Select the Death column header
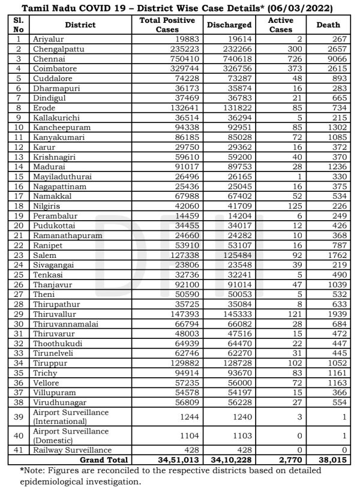(x=328, y=25)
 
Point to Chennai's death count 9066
(x=334, y=59)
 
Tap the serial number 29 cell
(x=19, y=313)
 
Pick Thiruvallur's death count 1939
(x=334, y=313)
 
